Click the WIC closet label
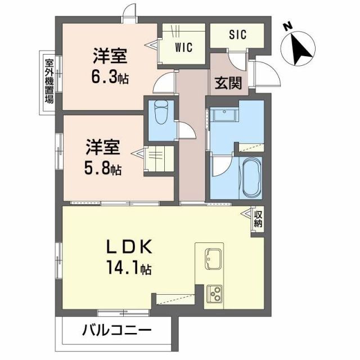[183, 48]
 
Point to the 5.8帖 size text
[104, 168]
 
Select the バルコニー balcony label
[118, 330]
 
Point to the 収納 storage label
[258, 219]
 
